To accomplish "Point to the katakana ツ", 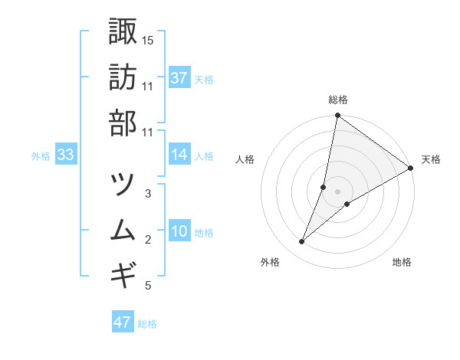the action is click(123, 184).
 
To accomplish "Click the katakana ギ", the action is click(123, 274).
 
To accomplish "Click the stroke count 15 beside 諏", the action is click(148, 39).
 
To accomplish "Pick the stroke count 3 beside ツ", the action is click(148, 194).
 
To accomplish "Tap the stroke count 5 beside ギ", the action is click(148, 286).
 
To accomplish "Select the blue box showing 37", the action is click(179, 78).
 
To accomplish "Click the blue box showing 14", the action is click(179, 155).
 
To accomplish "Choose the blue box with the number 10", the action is click(179, 231).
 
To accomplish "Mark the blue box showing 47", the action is click(123, 322).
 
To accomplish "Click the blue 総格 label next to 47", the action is click(147, 324).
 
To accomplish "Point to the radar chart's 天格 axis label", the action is click(431, 159).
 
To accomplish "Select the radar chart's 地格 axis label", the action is click(402, 262).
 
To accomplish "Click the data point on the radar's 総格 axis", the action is click(337, 116).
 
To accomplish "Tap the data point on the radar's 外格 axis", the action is click(302, 242).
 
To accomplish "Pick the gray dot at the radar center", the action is click(337, 191).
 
